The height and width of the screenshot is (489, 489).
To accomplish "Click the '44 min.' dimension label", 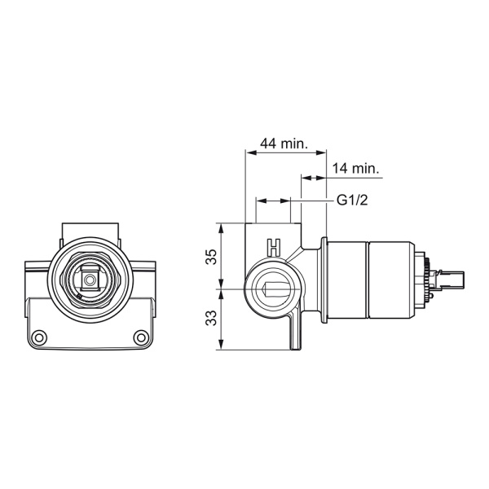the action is coord(284,143).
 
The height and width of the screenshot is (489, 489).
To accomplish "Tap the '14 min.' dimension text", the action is coord(355,169).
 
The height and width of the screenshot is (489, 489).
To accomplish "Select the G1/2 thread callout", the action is coord(352,200).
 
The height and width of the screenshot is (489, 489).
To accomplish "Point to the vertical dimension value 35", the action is coord(212,257).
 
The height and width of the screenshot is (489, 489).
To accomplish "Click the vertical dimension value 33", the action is coord(212,318).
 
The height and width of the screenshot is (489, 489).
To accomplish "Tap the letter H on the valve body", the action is coord(274,248).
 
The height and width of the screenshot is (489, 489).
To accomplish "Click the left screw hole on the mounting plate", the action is coord(39,337).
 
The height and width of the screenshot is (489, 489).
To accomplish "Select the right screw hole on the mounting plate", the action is coord(141,337).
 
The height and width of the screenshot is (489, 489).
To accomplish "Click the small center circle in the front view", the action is coord(90,280).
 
